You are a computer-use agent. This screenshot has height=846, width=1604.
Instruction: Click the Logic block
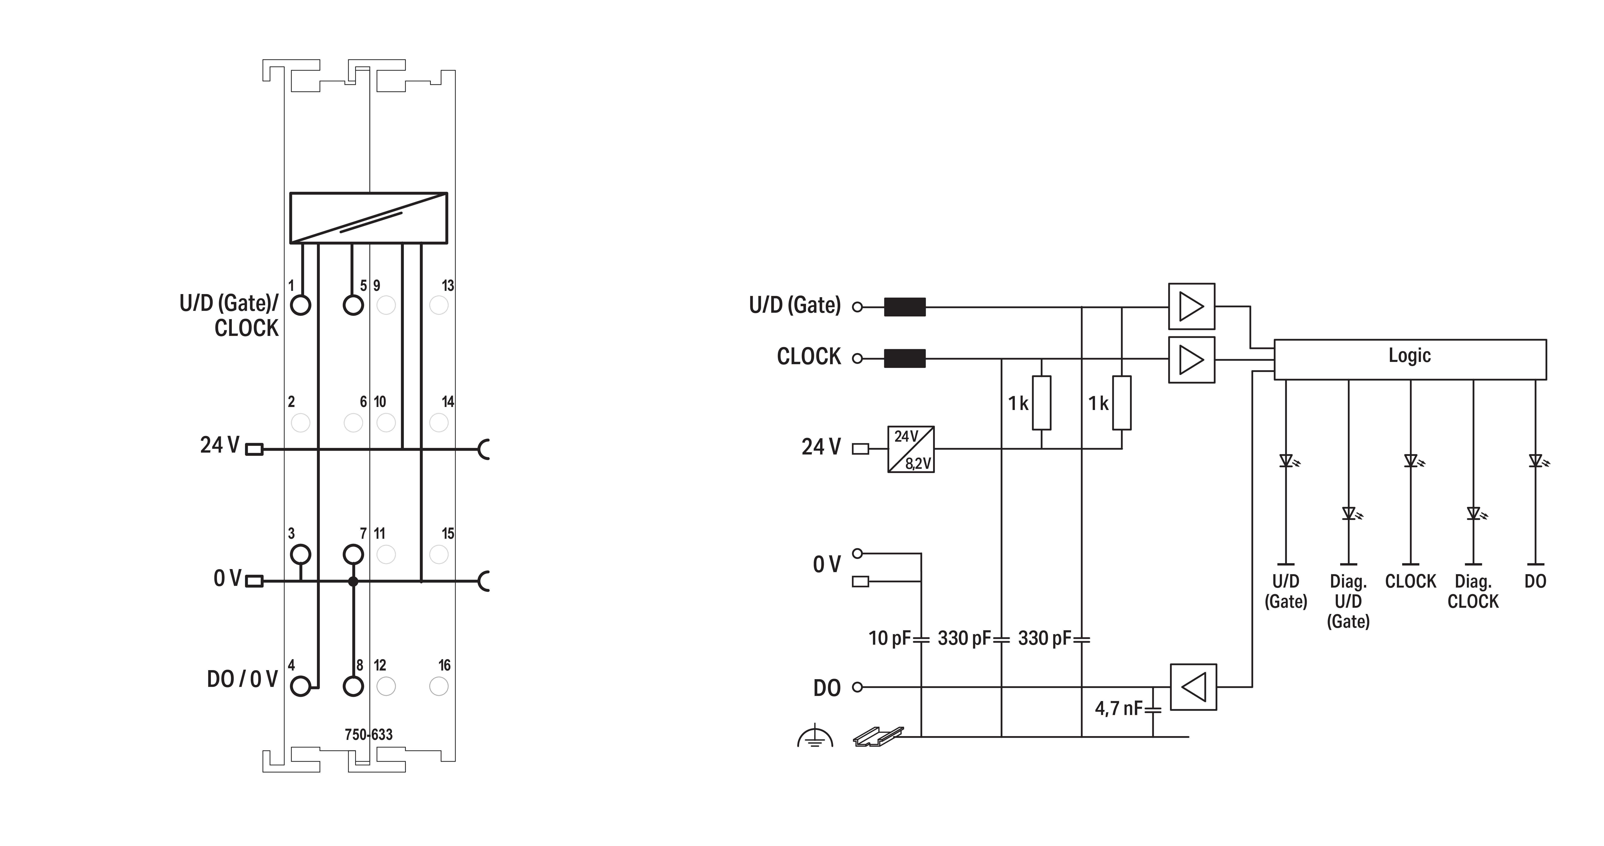coord(1410,359)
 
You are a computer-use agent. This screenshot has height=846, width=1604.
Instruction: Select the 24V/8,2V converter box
coord(910,449)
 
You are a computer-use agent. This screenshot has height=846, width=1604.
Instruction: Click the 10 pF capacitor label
coord(889,638)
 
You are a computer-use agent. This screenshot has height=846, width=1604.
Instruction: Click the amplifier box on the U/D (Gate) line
coord(1191,306)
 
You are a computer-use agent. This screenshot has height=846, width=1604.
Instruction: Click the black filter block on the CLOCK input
coord(905,359)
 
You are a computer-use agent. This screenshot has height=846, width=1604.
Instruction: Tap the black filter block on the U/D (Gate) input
coord(905,307)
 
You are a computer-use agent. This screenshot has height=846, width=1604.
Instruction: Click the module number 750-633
coord(369,735)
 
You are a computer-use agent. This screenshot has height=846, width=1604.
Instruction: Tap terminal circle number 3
coord(301,553)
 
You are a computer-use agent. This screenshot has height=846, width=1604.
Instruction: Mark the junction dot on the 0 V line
coord(353,581)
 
